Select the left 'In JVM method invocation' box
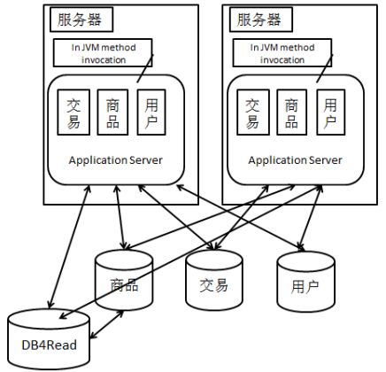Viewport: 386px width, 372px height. pyautogui.click(x=103, y=53)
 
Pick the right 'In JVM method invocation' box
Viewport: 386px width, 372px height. pyautogui.click(x=282, y=53)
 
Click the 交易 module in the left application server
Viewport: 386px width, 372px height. pyautogui.click(x=73, y=112)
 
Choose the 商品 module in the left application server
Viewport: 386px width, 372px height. pyautogui.click(x=112, y=112)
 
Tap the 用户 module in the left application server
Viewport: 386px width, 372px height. pyautogui.click(x=151, y=112)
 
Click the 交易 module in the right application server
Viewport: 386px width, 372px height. pyautogui.click(x=253, y=112)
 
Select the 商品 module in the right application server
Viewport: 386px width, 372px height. pyautogui.click(x=292, y=112)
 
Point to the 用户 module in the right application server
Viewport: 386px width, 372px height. pyautogui.click(x=330, y=112)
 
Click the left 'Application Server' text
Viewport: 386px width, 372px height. pyautogui.click(x=115, y=160)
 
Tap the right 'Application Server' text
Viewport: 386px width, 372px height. pyautogui.click(x=295, y=160)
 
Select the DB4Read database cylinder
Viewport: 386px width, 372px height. pyautogui.click(x=49, y=339)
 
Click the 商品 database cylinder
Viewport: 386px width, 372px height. pyautogui.click(x=124, y=280)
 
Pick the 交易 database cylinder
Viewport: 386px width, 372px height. pyautogui.click(x=214, y=280)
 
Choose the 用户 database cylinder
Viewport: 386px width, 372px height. pyautogui.click(x=305, y=281)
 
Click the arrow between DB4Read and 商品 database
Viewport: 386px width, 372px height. pyautogui.click(x=106, y=324)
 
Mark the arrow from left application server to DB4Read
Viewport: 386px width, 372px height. pyautogui.click(x=69, y=247)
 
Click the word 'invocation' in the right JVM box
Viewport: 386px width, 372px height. pyautogui.click(x=282, y=60)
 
